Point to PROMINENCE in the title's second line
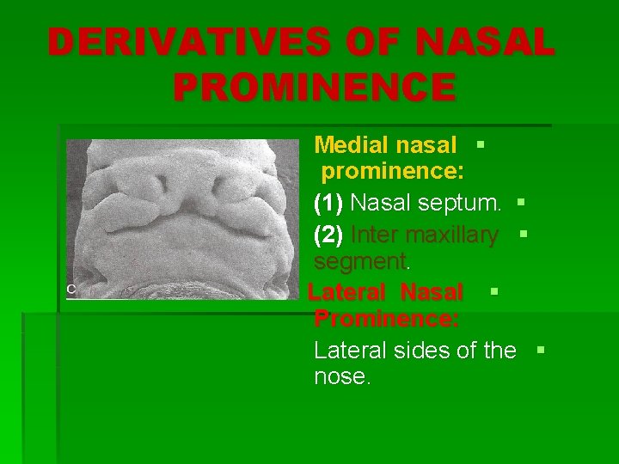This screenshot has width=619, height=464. (315, 87)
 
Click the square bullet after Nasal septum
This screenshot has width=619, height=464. (521, 203)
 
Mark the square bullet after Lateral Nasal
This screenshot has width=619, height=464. (493, 291)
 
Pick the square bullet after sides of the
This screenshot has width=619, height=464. (540, 349)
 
